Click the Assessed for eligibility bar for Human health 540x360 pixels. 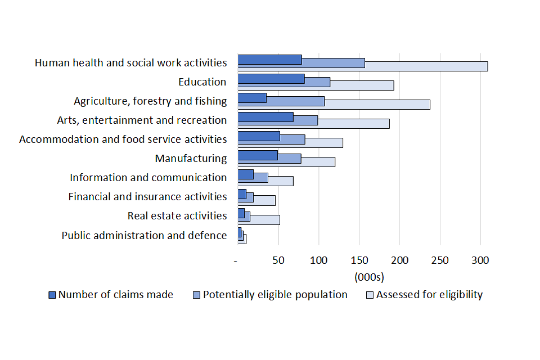[x=427, y=66]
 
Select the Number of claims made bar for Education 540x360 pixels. [x=271, y=79]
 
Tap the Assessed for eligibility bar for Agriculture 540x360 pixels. [x=377, y=104]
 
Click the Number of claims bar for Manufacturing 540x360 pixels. [x=257, y=155]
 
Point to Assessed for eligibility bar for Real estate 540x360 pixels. [x=265, y=219]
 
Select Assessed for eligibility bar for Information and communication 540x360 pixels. [x=281, y=181]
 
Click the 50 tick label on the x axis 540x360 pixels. [x=278, y=260]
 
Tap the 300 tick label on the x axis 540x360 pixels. [x=480, y=260]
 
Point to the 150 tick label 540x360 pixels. [x=359, y=260]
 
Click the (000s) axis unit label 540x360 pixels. [x=369, y=277]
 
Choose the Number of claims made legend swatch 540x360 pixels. [x=53, y=295]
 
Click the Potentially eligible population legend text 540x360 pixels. [x=275, y=295]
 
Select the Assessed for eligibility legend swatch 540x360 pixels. [x=370, y=295]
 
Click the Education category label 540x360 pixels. [x=202, y=82]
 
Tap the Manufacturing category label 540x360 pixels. [x=191, y=159]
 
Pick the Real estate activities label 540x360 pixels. [x=177, y=216]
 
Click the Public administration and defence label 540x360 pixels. [x=144, y=236]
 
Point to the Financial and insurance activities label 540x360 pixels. [x=147, y=197]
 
